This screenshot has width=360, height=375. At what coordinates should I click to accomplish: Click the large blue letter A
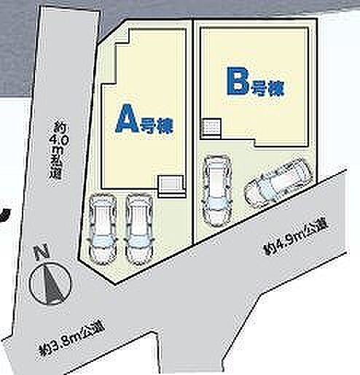pyautogui.click(x=127, y=118)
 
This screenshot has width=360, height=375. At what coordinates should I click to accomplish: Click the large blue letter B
pyautogui.click(x=238, y=81)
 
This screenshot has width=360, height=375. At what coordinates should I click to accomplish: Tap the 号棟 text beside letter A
pyautogui.click(x=157, y=125)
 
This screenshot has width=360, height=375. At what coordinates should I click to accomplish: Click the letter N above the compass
pyautogui.click(x=42, y=253)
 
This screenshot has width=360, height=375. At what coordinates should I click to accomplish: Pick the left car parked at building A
pyautogui.click(x=103, y=229)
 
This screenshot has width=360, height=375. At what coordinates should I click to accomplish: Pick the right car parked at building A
pyautogui.click(x=139, y=229)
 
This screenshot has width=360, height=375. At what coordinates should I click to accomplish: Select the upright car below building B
pyautogui.click(x=217, y=190)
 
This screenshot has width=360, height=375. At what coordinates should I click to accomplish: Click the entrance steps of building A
pyautogui.click(x=171, y=185)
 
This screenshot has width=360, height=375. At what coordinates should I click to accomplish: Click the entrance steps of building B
pyautogui.click(x=211, y=128)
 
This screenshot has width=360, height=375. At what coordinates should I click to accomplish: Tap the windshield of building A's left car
pyautogui.click(x=103, y=241)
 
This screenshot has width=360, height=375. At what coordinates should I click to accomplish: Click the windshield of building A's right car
pyautogui.click(x=139, y=241)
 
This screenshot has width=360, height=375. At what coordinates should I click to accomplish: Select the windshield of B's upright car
pyautogui.click(x=217, y=202)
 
